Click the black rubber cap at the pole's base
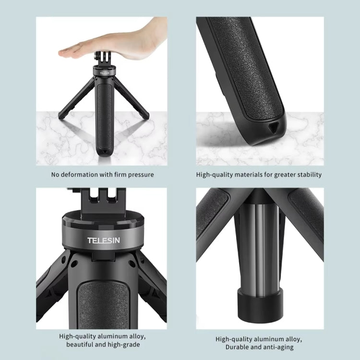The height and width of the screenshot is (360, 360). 260,302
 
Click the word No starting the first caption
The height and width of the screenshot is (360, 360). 55,175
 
